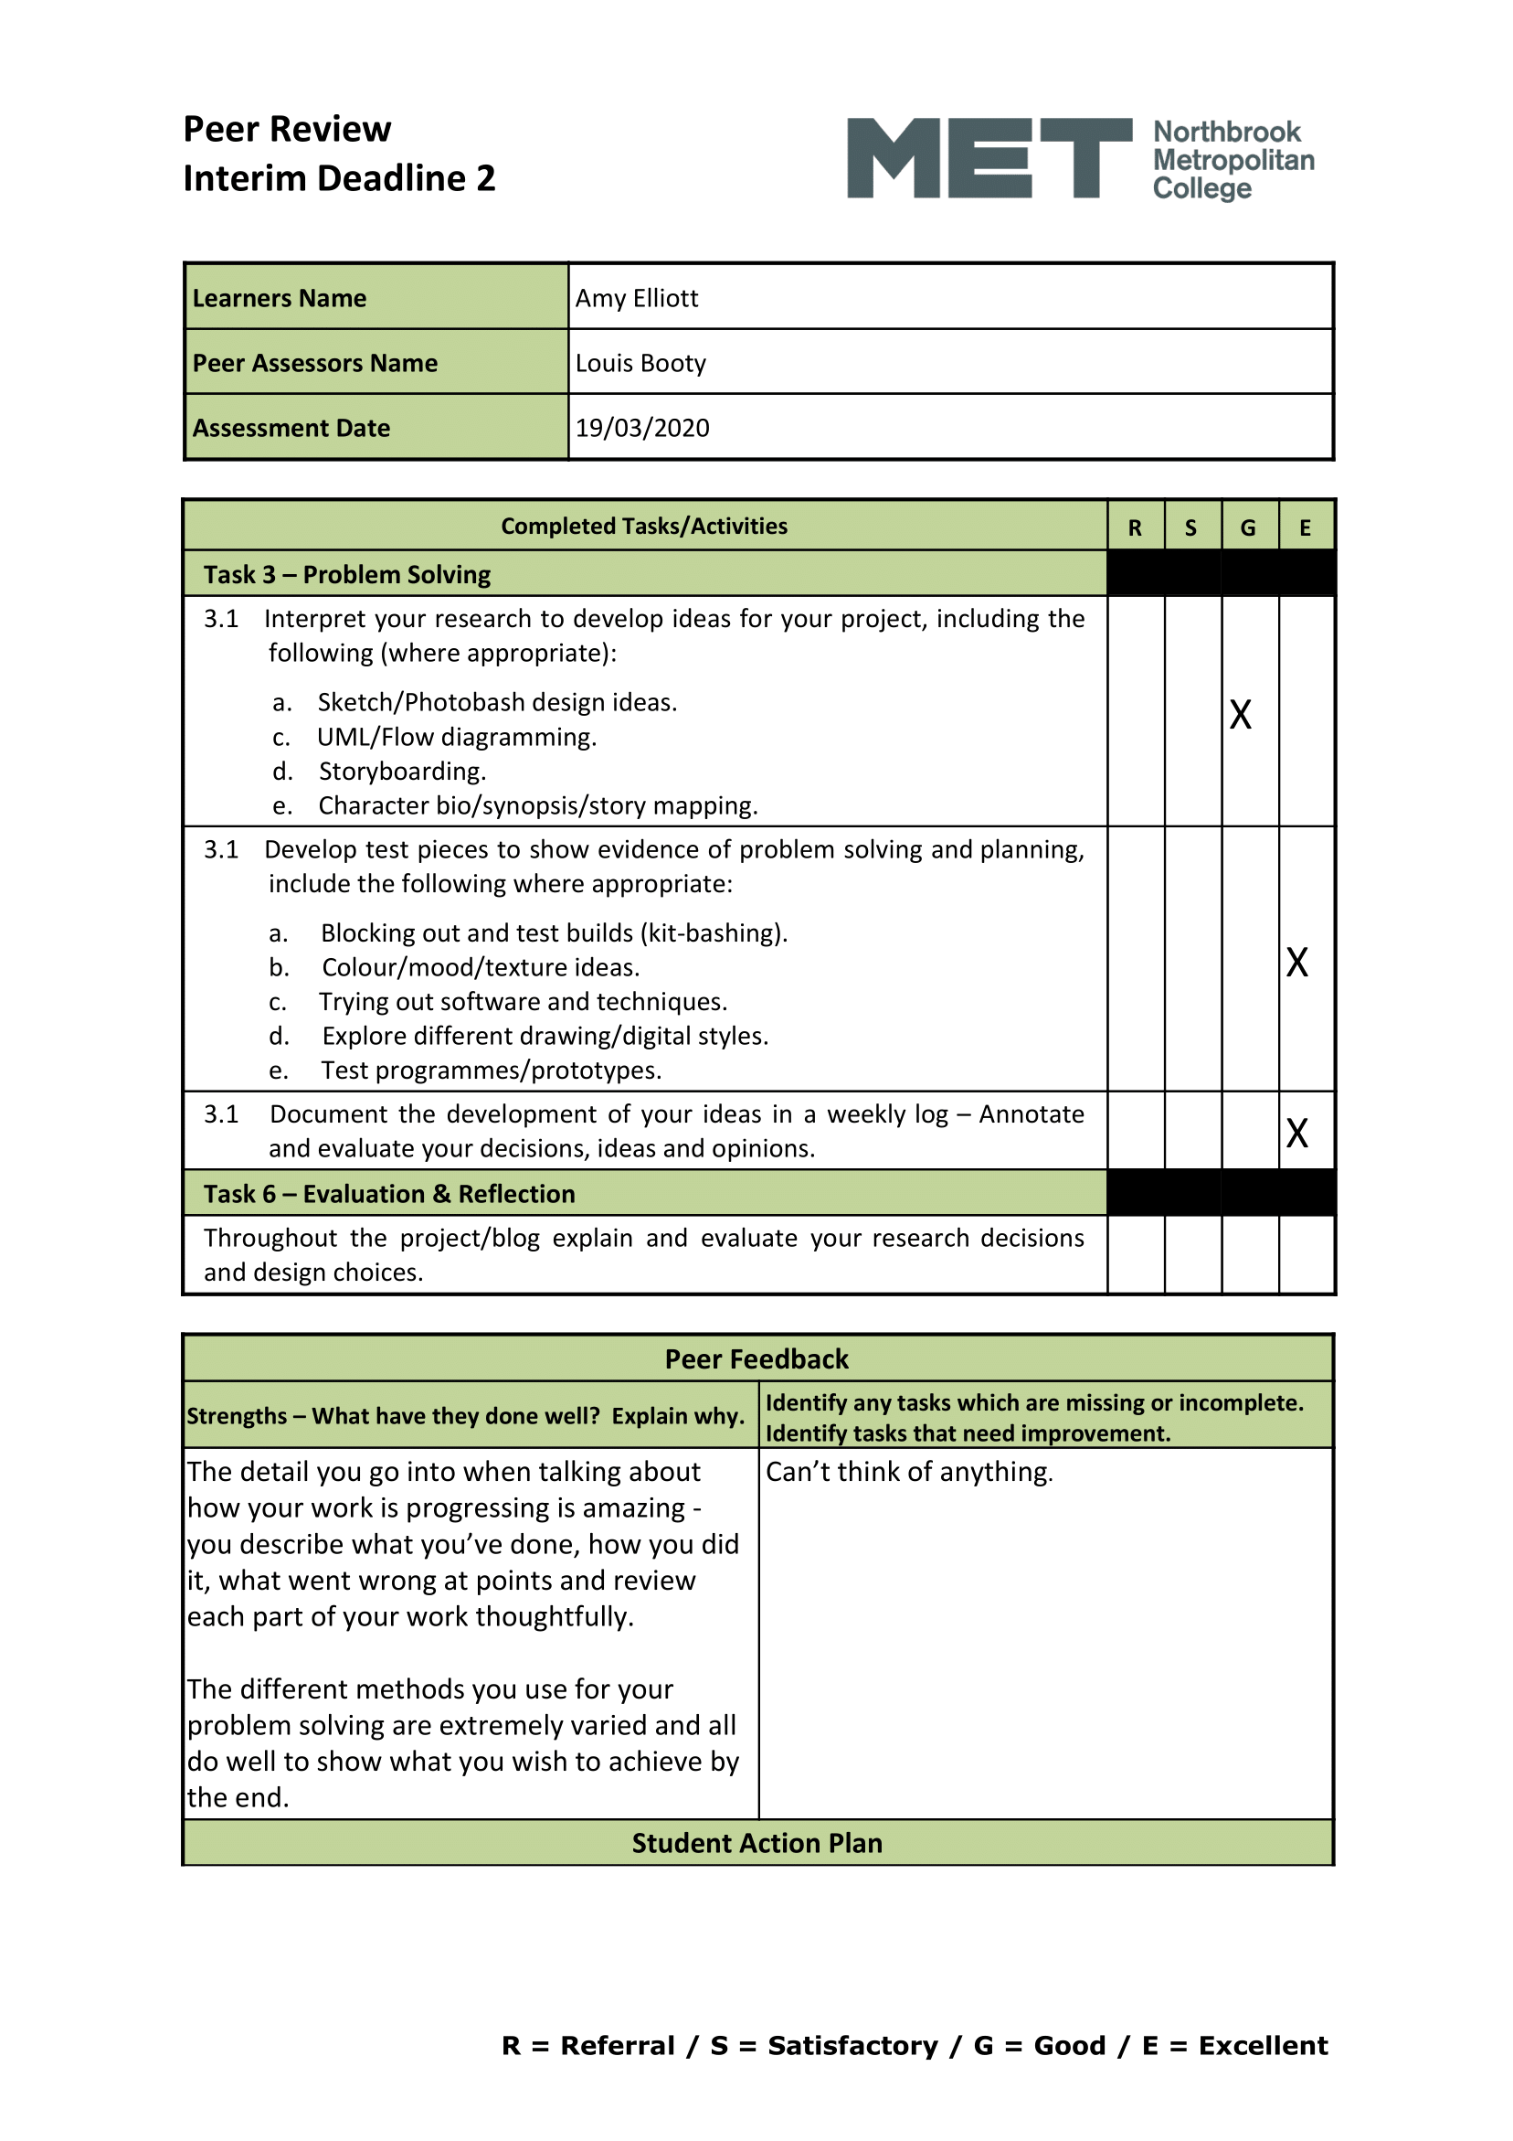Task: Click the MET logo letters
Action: (x=989, y=157)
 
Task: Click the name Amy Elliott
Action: (x=636, y=298)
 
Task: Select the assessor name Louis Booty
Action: (x=640, y=363)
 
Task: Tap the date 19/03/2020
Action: (x=641, y=428)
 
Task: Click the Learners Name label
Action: (x=279, y=298)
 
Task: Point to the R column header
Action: (x=1135, y=527)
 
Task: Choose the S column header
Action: (x=1190, y=527)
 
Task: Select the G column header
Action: (x=1247, y=527)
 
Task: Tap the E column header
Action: (x=1305, y=527)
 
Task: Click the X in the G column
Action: (x=1240, y=715)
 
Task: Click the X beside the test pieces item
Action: (x=1296, y=963)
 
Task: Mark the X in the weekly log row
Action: (x=1296, y=1133)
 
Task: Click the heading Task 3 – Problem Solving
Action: (x=347, y=574)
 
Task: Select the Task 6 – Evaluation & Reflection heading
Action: (x=388, y=1194)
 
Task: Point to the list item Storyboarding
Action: (x=402, y=772)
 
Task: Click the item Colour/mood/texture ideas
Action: (x=480, y=967)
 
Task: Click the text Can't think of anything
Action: (x=909, y=1472)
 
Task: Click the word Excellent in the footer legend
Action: (x=1263, y=2046)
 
